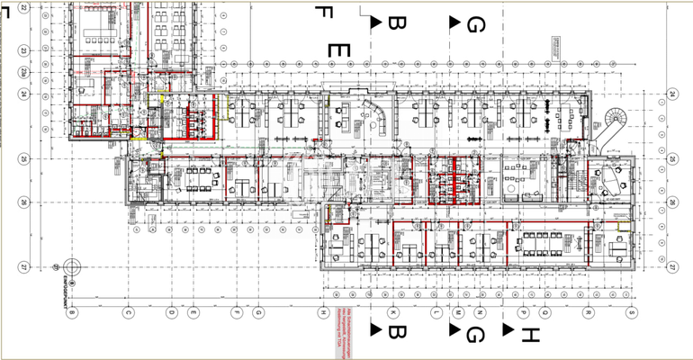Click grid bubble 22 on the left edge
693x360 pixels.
click(x=23, y=8)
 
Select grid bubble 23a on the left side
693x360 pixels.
click(x=23, y=72)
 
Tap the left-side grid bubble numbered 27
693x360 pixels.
click(x=23, y=266)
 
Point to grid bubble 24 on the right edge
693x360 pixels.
click(x=671, y=94)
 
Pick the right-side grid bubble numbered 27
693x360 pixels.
click(x=671, y=266)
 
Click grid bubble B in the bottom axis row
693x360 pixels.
click(x=73, y=312)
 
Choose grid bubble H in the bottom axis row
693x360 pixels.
click(x=321, y=312)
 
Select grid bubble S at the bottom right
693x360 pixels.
click(x=632, y=312)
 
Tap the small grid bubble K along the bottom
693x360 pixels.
click(x=393, y=312)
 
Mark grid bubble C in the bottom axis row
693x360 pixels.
click(x=129, y=312)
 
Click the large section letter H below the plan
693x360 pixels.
click(x=530, y=336)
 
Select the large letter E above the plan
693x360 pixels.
click(x=337, y=50)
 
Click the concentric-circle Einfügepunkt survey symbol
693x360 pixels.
click(x=72, y=267)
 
